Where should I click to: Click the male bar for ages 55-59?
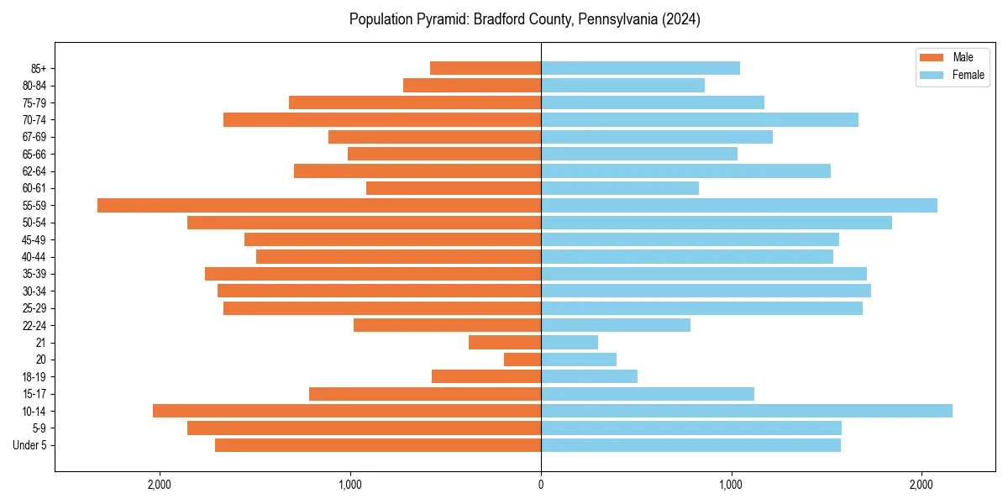319,205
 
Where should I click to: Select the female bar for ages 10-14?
746,411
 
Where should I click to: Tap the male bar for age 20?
522,360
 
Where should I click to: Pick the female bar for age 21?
570,342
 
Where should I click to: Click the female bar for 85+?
640,68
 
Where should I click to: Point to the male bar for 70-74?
382,119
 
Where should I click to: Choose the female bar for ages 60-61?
620,188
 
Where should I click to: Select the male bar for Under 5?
378,445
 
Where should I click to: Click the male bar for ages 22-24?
447,325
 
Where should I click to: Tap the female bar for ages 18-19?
589,376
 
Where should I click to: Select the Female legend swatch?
932,75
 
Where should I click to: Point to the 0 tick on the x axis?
541,485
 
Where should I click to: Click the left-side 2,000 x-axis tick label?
160,485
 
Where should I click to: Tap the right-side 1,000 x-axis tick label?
731,485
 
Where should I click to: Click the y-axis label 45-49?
34,239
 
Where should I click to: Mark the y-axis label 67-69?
34,137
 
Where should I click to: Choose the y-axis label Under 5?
30,445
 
